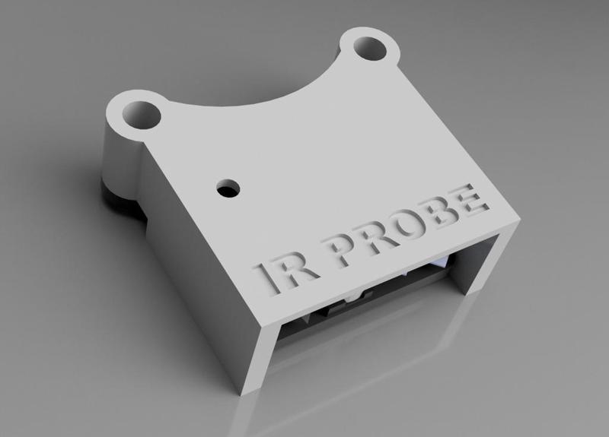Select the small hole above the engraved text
point(228,187)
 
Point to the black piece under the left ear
point(120,198)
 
